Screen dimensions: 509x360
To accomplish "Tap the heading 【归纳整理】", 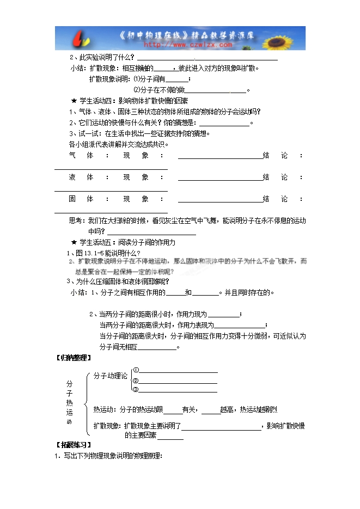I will [x=74, y=358].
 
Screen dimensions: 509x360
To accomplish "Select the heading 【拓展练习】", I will [x=74, y=445].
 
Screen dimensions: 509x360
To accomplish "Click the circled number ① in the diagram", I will [x=136, y=370].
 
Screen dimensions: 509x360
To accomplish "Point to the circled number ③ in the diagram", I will [x=136, y=389].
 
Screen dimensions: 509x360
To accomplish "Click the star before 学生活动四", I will [x=74, y=101].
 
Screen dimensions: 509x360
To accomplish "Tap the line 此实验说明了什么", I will [x=104, y=58].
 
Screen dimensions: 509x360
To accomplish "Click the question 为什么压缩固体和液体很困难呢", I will [x=118, y=281].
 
